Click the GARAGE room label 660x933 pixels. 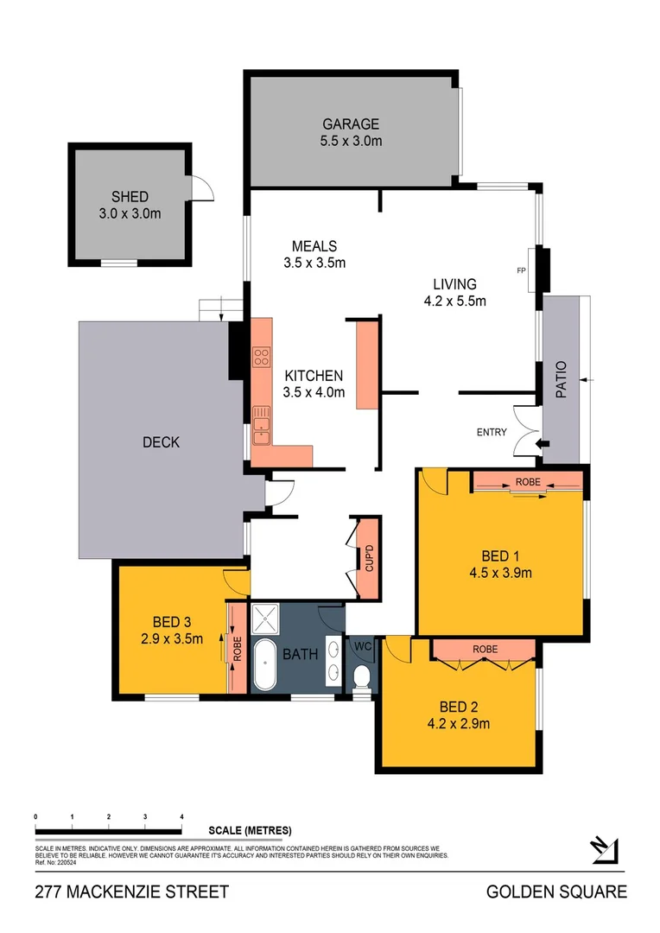tap(351, 124)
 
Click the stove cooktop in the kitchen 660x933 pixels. tap(261, 356)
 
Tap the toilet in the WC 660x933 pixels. tap(363, 676)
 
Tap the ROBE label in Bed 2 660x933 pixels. tap(485, 648)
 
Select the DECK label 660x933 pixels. tap(161, 442)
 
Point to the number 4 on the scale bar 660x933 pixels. tap(181, 816)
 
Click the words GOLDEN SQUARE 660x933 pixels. tap(556, 892)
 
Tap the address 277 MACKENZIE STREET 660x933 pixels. tap(131, 892)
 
